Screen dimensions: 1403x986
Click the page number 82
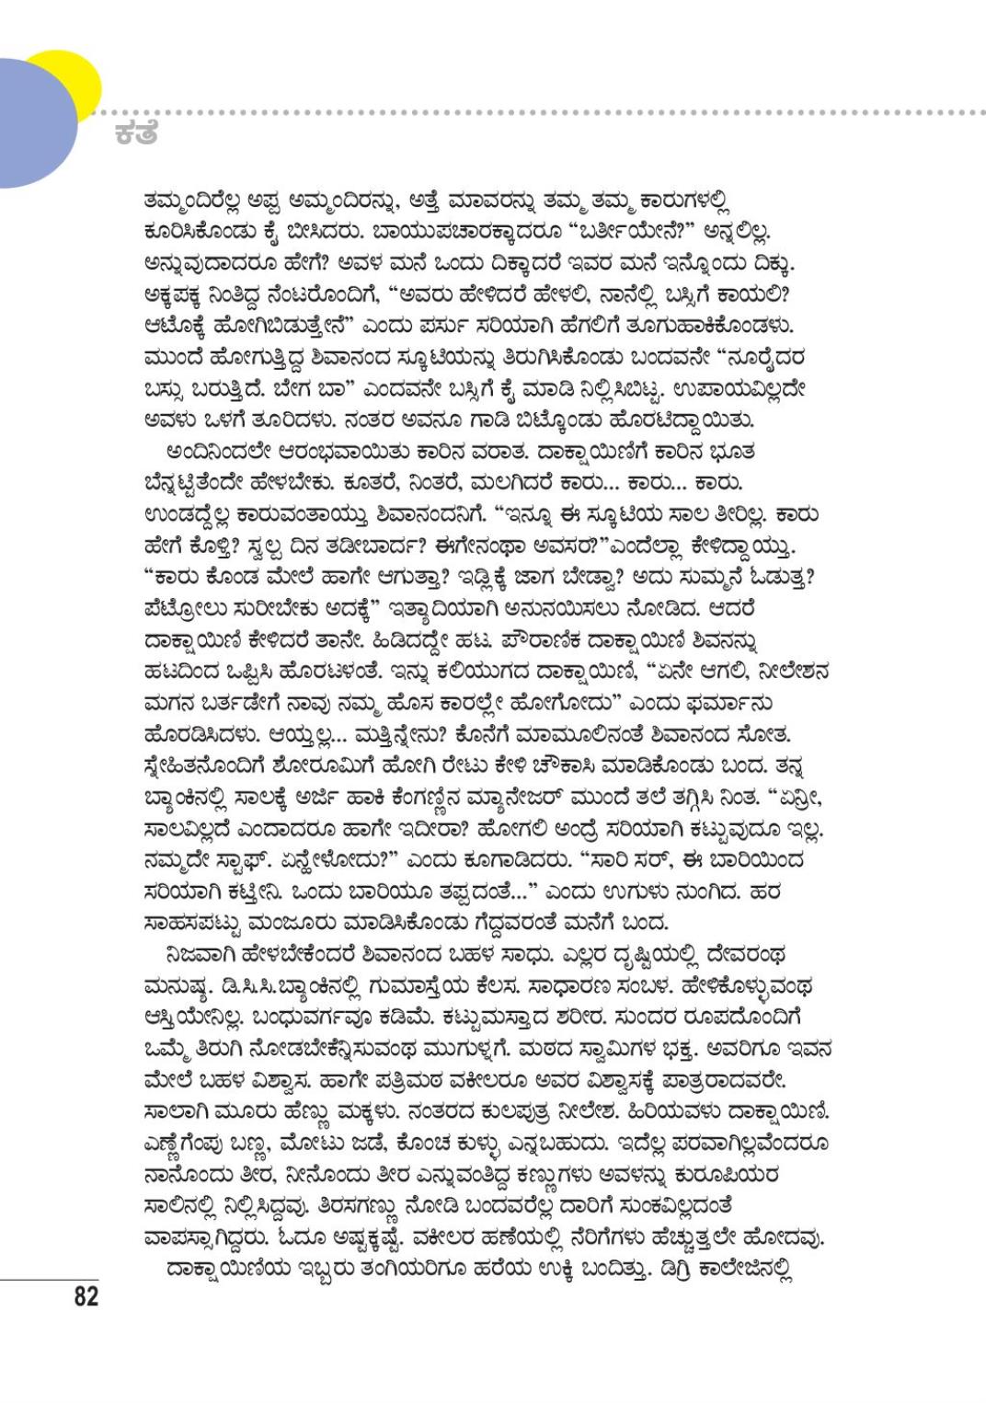click(85, 1297)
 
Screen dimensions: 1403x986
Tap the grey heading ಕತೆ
click(137, 133)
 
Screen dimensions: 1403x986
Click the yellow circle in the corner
click(69, 78)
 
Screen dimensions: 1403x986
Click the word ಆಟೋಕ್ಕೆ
click(181, 326)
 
